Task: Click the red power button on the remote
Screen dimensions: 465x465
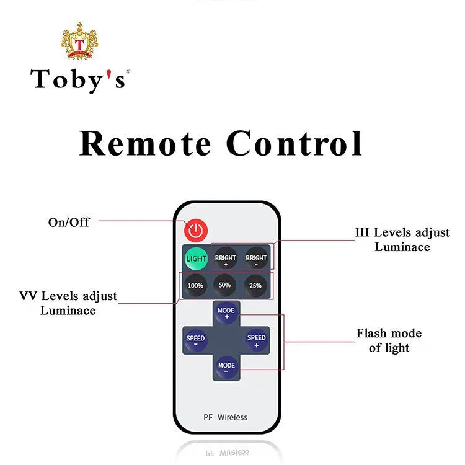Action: tap(196, 231)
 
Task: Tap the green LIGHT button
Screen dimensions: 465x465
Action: tap(197, 258)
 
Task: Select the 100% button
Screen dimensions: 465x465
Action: tap(196, 285)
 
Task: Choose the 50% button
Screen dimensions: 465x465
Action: tap(225, 285)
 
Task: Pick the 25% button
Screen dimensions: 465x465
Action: tap(255, 285)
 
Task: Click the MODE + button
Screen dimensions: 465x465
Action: tap(226, 312)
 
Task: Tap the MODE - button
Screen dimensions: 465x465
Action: tap(226, 366)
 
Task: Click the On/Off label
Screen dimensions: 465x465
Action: tap(69, 222)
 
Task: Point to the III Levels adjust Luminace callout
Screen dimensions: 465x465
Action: tap(402, 239)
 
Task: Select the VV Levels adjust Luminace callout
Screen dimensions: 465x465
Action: tap(68, 303)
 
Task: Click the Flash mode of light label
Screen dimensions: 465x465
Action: tap(389, 340)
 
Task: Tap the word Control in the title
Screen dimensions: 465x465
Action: tap(294, 144)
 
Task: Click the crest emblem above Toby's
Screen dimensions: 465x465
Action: tap(79, 43)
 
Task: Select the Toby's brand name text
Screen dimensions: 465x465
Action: tap(80, 79)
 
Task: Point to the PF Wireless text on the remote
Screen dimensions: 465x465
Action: tap(225, 417)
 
